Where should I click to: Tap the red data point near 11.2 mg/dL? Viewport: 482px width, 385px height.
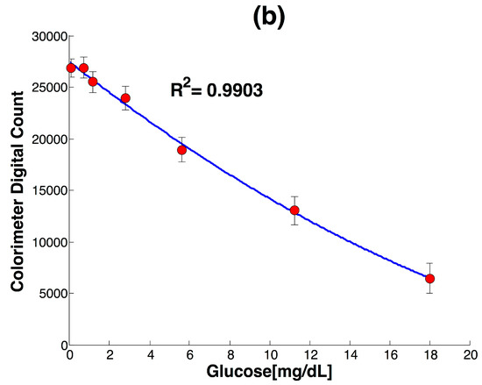click(294, 210)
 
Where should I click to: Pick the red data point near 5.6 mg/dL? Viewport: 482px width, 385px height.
click(182, 150)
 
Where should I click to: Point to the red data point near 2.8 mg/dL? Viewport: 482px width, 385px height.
click(126, 98)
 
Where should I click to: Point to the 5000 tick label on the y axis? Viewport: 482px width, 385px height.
click(52, 294)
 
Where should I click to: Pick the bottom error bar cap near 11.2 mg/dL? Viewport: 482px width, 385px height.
click(294, 225)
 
